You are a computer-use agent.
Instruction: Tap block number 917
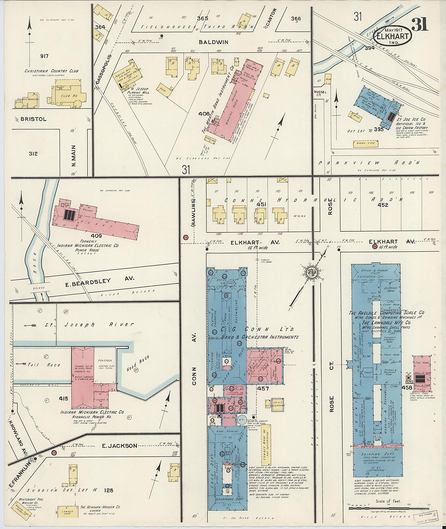[x=44, y=56]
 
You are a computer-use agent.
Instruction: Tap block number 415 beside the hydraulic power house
[x=63, y=399]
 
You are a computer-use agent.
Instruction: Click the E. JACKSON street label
[x=119, y=446]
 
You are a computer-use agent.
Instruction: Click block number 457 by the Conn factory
[x=263, y=388]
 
